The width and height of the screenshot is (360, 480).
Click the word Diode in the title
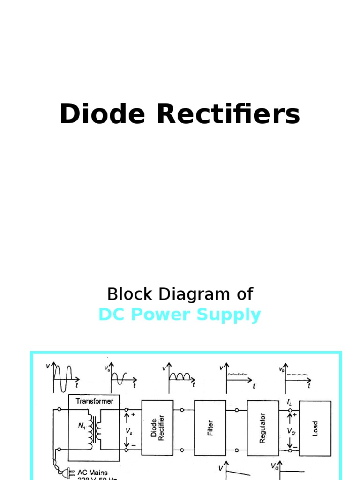tap(101, 114)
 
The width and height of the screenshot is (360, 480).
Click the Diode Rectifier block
tap(157, 427)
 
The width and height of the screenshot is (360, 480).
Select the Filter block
tap(210, 427)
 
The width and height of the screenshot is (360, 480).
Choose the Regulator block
tap(262, 427)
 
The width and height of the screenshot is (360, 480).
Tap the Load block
tap(315, 427)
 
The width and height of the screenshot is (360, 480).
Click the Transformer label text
tap(94, 401)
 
